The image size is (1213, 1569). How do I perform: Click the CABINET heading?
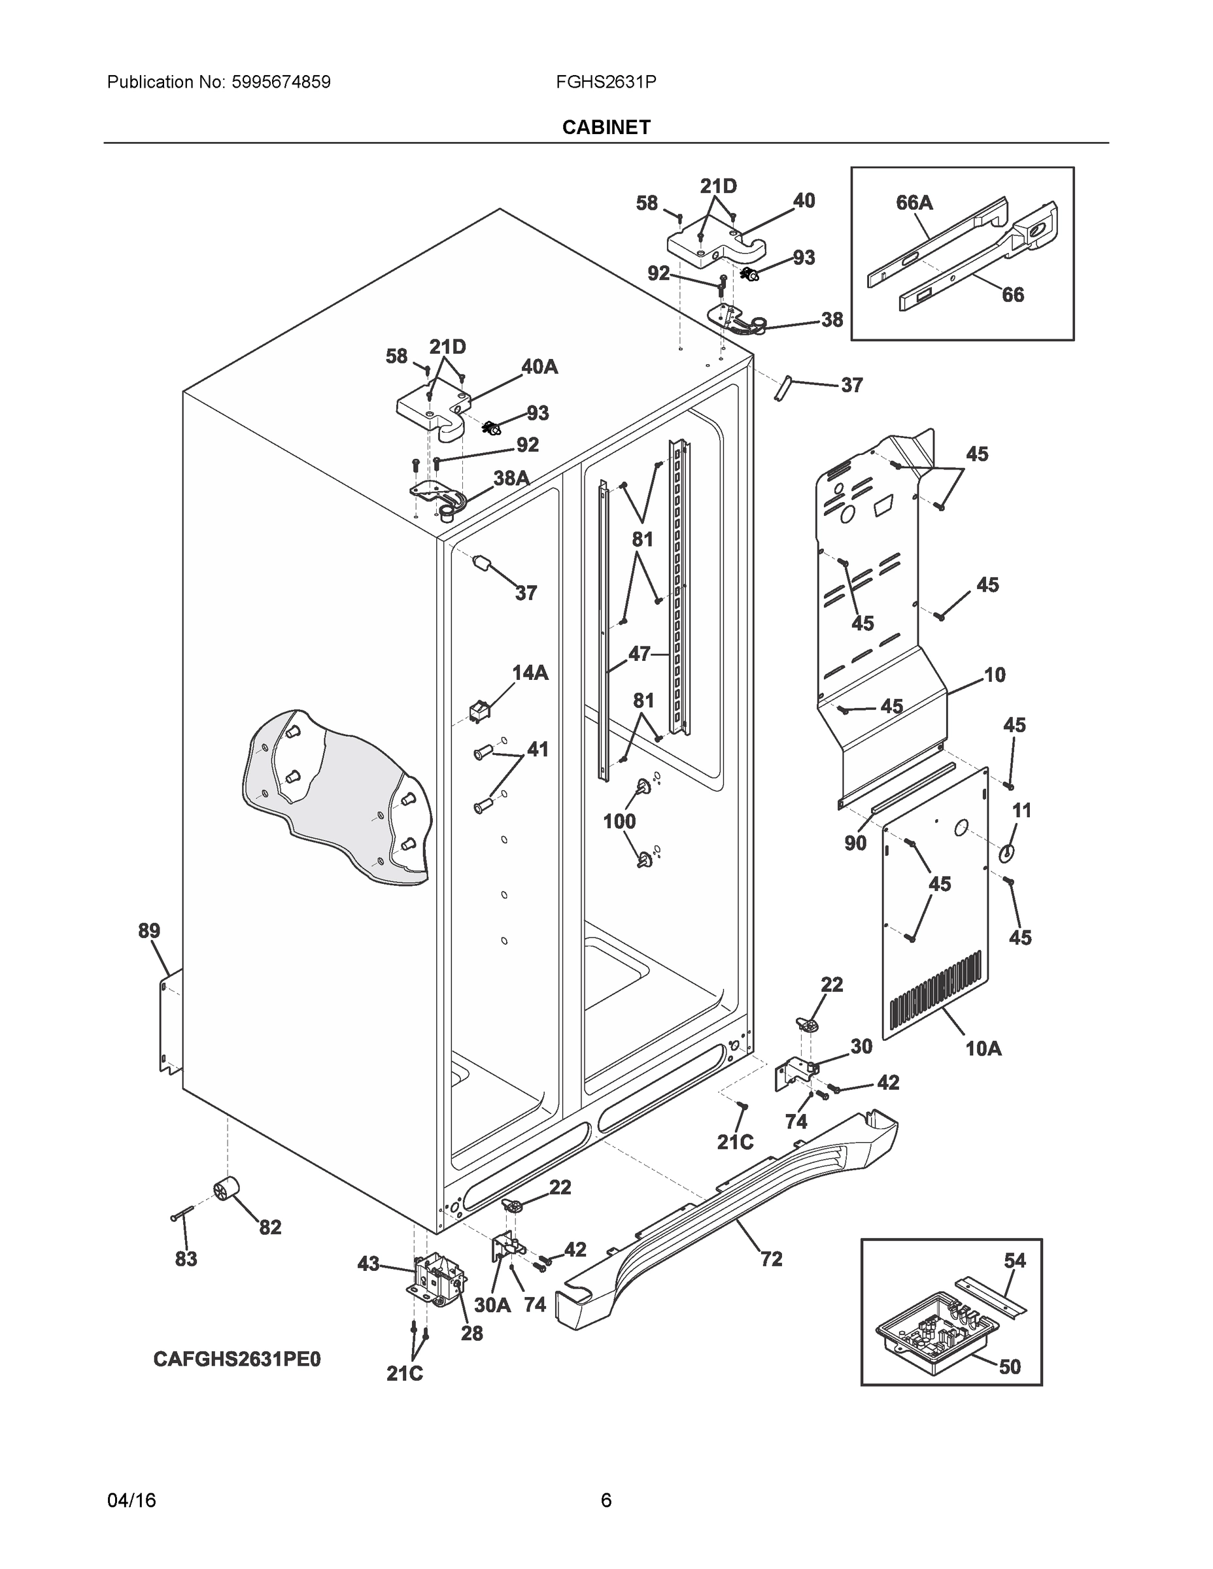(606, 127)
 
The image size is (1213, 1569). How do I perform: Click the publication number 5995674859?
(281, 82)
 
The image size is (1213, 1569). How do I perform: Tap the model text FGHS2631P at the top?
(605, 82)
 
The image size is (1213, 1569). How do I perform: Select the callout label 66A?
(914, 203)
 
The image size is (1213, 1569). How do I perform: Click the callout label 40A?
(539, 367)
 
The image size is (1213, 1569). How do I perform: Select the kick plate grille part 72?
(726, 1221)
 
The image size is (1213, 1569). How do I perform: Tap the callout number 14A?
(530, 673)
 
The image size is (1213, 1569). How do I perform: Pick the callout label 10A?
(983, 1049)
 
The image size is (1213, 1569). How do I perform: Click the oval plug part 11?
(1008, 852)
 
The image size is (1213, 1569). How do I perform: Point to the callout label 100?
(619, 821)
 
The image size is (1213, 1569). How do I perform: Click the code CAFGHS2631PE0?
(237, 1359)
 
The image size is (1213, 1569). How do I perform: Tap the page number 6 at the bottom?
(606, 1500)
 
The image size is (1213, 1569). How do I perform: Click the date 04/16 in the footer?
(131, 1500)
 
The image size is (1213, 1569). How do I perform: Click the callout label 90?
(855, 843)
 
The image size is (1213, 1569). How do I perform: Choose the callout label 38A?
(511, 478)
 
